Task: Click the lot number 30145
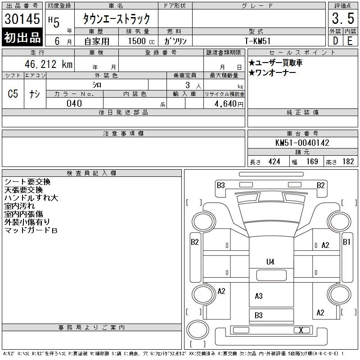(22, 18)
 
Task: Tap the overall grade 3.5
(343, 18)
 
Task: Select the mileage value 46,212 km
(49, 64)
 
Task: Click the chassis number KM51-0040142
(302, 143)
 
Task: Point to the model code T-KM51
(257, 41)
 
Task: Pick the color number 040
(74, 103)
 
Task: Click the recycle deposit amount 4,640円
(229, 104)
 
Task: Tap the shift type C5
(13, 94)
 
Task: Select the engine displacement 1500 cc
(141, 41)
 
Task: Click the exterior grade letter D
(335, 41)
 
